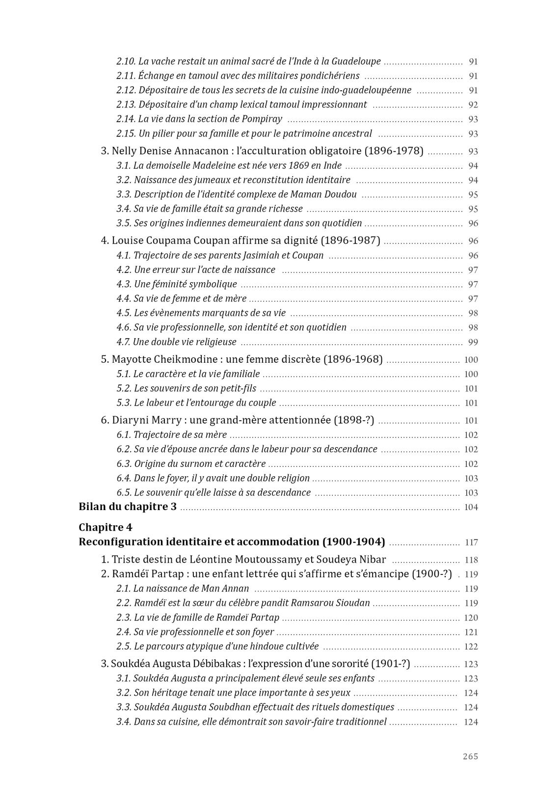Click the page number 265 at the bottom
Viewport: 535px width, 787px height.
pyautogui.click(x=470, y=756)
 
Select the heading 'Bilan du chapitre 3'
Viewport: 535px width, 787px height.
pyautogui.click(x=128, y=507)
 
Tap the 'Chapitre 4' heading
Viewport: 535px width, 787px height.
pyautogui.click(x=106, y=527)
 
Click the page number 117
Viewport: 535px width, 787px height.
pyautogui.click(x=471, y=543)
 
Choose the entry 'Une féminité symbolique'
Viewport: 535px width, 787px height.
pyautogui.click(x=185, y=284)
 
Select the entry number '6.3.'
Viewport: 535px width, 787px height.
pyautogui.click(x=124, y=464)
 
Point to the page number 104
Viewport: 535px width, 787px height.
pyautogui.click(x=471, y=508)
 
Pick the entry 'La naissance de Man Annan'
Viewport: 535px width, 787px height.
pyautogui.click(x=191, y=589)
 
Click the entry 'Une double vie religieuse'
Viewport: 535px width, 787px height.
pyautogui.click(x=185, y=342)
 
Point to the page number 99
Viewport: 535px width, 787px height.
pyautogui.click(x=473, y=343)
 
